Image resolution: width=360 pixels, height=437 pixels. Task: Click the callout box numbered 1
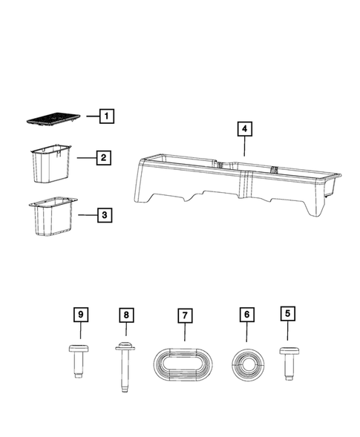(108, 116)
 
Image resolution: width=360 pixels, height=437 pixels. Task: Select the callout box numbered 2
(105, 157)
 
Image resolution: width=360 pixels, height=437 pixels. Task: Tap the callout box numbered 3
(105, 215)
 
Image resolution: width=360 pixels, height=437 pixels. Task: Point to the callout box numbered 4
(243, 129)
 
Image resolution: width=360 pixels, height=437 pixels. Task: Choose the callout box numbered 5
(287, 314)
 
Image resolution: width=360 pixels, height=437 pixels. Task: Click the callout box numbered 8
(125, 315)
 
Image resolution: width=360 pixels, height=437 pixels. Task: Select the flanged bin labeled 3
(50, 219)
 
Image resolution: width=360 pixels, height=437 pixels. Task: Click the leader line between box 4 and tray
(243, 148)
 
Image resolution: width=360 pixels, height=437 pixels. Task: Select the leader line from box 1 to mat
(89, 116)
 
